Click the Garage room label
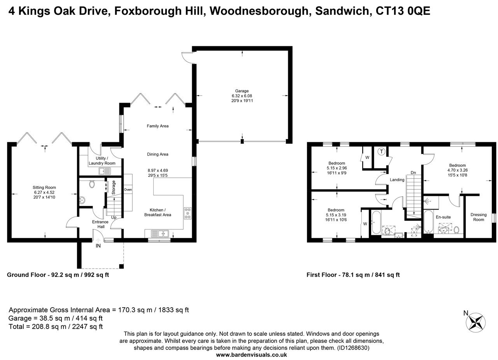click(x=242, y=91)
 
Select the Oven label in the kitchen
click(x=128, y=190)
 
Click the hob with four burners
click(x=188, y=213)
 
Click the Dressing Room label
click(x=478, y=217)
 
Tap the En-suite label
click(x=443, y=217)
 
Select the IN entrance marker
click(x=98, y=246)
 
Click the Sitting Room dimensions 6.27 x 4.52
click(x=44, y=192)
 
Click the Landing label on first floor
click(x=397, y=180)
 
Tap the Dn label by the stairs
click(x=413, y=173)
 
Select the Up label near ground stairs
click(x=114, y=217)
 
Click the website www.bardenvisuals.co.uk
click(x=251, y=355)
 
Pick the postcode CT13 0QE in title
click(x=403, y=11)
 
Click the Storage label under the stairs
click(x=114, y=187)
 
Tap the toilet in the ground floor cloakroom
click(x=92, y=184)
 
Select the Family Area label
click(x=158, y=126)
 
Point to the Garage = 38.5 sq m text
click(x=56, y=318)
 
